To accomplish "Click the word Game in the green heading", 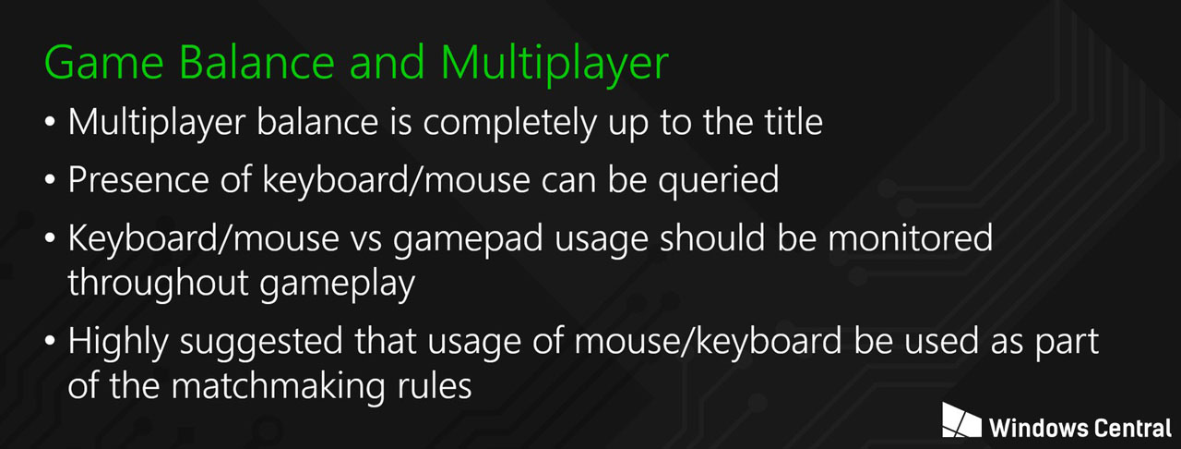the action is point(104,63).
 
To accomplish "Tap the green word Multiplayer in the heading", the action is point(555,65).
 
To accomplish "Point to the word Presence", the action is point(138,180).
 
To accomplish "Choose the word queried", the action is point(718,182).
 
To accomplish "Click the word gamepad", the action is point(468,240).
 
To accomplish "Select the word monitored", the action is point(911,237).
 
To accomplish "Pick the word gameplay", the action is point(338,285).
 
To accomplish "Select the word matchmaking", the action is point(279,387).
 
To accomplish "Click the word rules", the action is point(435,386).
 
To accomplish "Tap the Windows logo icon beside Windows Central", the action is point(961,420).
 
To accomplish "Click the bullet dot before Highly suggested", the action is point(50,341).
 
